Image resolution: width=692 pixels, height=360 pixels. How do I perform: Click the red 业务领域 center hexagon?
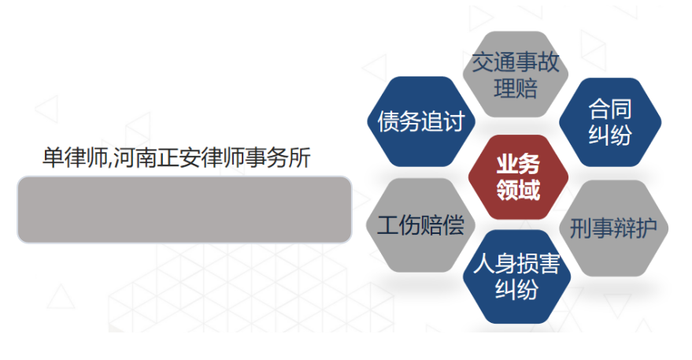pos(517,177)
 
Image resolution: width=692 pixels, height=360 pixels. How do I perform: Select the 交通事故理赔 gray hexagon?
pos(516,75)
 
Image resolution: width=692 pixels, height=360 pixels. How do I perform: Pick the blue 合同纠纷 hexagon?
pos(610,122)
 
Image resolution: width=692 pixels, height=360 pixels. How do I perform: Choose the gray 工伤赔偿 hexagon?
pos(420,225)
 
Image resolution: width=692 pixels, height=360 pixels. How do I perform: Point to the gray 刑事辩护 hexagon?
pos(618,228)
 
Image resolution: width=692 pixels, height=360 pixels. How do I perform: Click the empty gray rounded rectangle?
pos(184,210)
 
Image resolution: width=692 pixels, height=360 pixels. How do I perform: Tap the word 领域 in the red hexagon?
pos(517,190)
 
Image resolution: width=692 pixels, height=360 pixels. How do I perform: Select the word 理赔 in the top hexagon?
pos(516,87)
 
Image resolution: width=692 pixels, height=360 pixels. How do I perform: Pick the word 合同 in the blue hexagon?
pos(610,109)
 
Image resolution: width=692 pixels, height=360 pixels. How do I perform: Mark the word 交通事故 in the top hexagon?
pos(516,62)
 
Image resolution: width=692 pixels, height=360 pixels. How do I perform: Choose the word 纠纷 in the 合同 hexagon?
pos(610,135)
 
